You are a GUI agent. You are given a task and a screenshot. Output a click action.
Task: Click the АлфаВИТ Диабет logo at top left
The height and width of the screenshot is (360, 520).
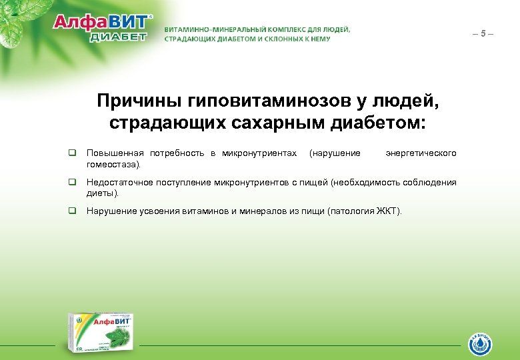pyautogui.click(x=103, y=27)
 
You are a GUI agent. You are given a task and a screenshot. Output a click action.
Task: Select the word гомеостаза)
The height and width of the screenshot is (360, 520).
pyautogui.click(x=114, y=163)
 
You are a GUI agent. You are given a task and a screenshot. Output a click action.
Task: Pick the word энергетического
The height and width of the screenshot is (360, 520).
pyautogui.click(x=421, y=153)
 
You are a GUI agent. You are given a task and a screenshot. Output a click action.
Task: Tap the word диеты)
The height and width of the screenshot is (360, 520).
pyautogui.click(x=103, y=193)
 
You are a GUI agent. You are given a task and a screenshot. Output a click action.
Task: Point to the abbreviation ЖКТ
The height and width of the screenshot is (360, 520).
pyautogui.click(x=386, y=211)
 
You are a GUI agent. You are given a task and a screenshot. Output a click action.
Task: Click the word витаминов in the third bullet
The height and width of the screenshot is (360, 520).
pyautogui.click(x=197, y=211)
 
